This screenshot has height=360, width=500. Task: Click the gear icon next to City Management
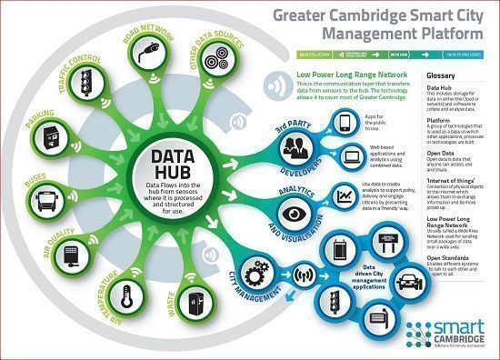[x=255, y=270]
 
